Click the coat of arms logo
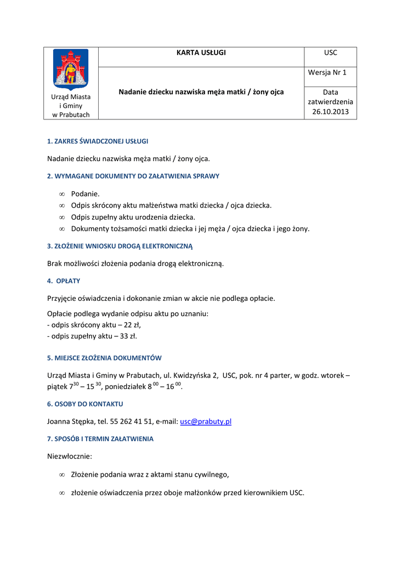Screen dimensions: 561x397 70,70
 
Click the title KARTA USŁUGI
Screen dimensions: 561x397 201,53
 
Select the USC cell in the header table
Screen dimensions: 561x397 331,53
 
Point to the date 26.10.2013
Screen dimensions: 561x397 331,112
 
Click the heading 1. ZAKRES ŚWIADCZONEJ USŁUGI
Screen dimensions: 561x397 98,141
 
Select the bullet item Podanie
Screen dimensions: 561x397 86,194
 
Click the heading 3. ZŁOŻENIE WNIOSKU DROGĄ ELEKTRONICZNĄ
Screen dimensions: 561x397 120,246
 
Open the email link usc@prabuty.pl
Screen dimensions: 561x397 206,421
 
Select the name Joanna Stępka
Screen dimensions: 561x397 70,421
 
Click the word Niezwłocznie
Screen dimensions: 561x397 70,456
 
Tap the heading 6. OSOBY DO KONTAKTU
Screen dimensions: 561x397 85,404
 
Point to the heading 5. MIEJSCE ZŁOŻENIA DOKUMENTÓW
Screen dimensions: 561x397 104,358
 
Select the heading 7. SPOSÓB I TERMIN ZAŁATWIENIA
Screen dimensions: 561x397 100,439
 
